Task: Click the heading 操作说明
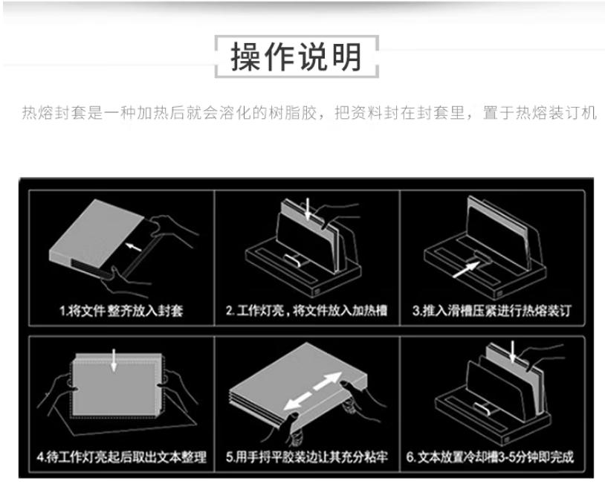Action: (297, 57)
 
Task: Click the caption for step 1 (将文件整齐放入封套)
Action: (121, 311)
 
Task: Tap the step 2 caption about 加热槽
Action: (306, 310)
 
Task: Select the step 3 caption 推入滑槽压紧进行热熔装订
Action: (492, 310)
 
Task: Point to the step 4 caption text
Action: (122, 457)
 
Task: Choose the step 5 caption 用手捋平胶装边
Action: (307, 457)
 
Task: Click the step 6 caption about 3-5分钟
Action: (490, 457)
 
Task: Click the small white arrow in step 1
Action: (134, 246)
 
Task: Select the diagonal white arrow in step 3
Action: (466, 269)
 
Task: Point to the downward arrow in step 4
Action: (114, 360)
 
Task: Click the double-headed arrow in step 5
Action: (313, 391)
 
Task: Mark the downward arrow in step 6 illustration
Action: (512, 351)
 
